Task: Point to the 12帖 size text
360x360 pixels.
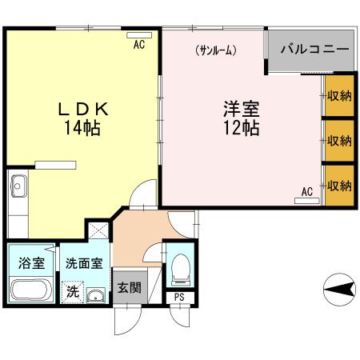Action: [240, 128]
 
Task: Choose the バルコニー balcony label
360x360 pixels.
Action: [314, 50]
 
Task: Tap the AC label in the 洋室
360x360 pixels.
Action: [307, 190]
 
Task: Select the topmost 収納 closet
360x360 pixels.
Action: [339, 95]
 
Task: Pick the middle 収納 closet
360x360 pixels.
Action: [339, 140]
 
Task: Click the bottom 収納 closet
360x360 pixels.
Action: [339, 186]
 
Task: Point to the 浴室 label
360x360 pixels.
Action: [31, 262]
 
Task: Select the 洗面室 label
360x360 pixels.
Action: [83, 262]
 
